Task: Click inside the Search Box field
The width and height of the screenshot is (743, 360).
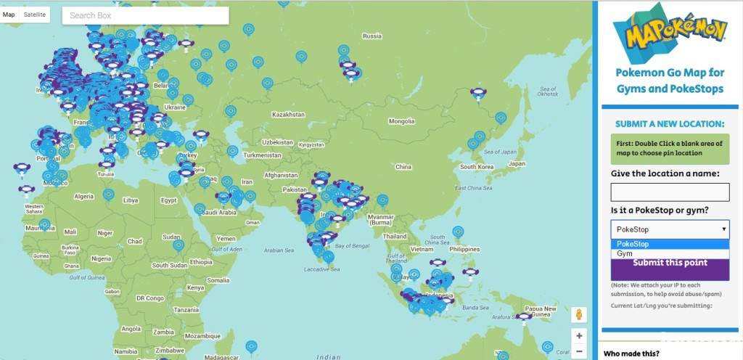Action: (145, 15)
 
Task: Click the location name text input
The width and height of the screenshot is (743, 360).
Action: (670, 192)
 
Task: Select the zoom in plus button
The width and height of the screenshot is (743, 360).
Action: (578, 336)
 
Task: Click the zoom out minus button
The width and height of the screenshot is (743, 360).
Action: (578, 352)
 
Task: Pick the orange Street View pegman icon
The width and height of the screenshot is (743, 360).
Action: (578, 314)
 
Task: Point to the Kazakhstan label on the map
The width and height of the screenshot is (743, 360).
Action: (288, 115)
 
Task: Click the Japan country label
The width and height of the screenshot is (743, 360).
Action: (517, 163)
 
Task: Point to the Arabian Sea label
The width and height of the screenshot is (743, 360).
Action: (283, 250)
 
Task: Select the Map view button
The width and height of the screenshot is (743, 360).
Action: (9, 15)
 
